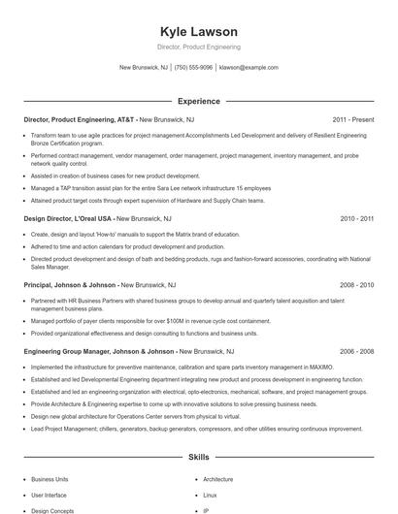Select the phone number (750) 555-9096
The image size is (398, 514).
pos(194,68)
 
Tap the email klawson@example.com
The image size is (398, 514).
pos(249,68)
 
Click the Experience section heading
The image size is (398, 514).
pos(198,101)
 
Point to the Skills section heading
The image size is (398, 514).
pos(198,456)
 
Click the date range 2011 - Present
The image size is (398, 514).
pos(353,119)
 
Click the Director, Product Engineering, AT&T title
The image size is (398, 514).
pos(79,119)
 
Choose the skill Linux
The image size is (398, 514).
pos(212,495)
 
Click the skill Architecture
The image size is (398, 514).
pos(218,479)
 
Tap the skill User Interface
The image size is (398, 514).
pos(50,495)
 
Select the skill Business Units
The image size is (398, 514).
pos(50,479)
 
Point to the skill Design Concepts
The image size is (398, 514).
pos(51,510)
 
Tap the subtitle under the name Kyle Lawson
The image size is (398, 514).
pos(198,47)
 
